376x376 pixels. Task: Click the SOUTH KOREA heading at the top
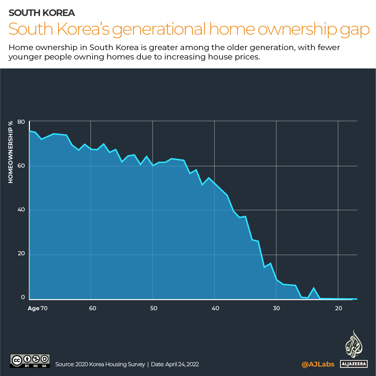pos(42,13)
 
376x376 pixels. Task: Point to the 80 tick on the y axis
pos(22,122)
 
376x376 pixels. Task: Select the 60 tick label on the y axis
pos(22,166)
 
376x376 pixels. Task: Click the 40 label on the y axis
pos(22,210)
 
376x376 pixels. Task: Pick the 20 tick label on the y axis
pos(22,254)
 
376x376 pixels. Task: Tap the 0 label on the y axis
pos(23,297)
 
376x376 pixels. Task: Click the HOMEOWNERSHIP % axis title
pos(11,152)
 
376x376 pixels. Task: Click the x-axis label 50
pos(154,308)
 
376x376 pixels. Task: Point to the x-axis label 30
pos(277,308)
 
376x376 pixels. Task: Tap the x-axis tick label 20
pos(338,308)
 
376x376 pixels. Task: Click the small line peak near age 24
pos(314,288)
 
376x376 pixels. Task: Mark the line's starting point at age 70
pos(30,131)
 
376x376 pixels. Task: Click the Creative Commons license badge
pos(30,361)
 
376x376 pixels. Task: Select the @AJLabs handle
pos(318,364)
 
